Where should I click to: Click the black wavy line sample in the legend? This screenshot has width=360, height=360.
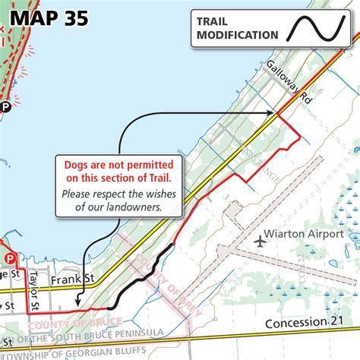[x=315, y=28]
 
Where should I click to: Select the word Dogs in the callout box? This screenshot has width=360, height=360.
[x=78, y=165]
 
